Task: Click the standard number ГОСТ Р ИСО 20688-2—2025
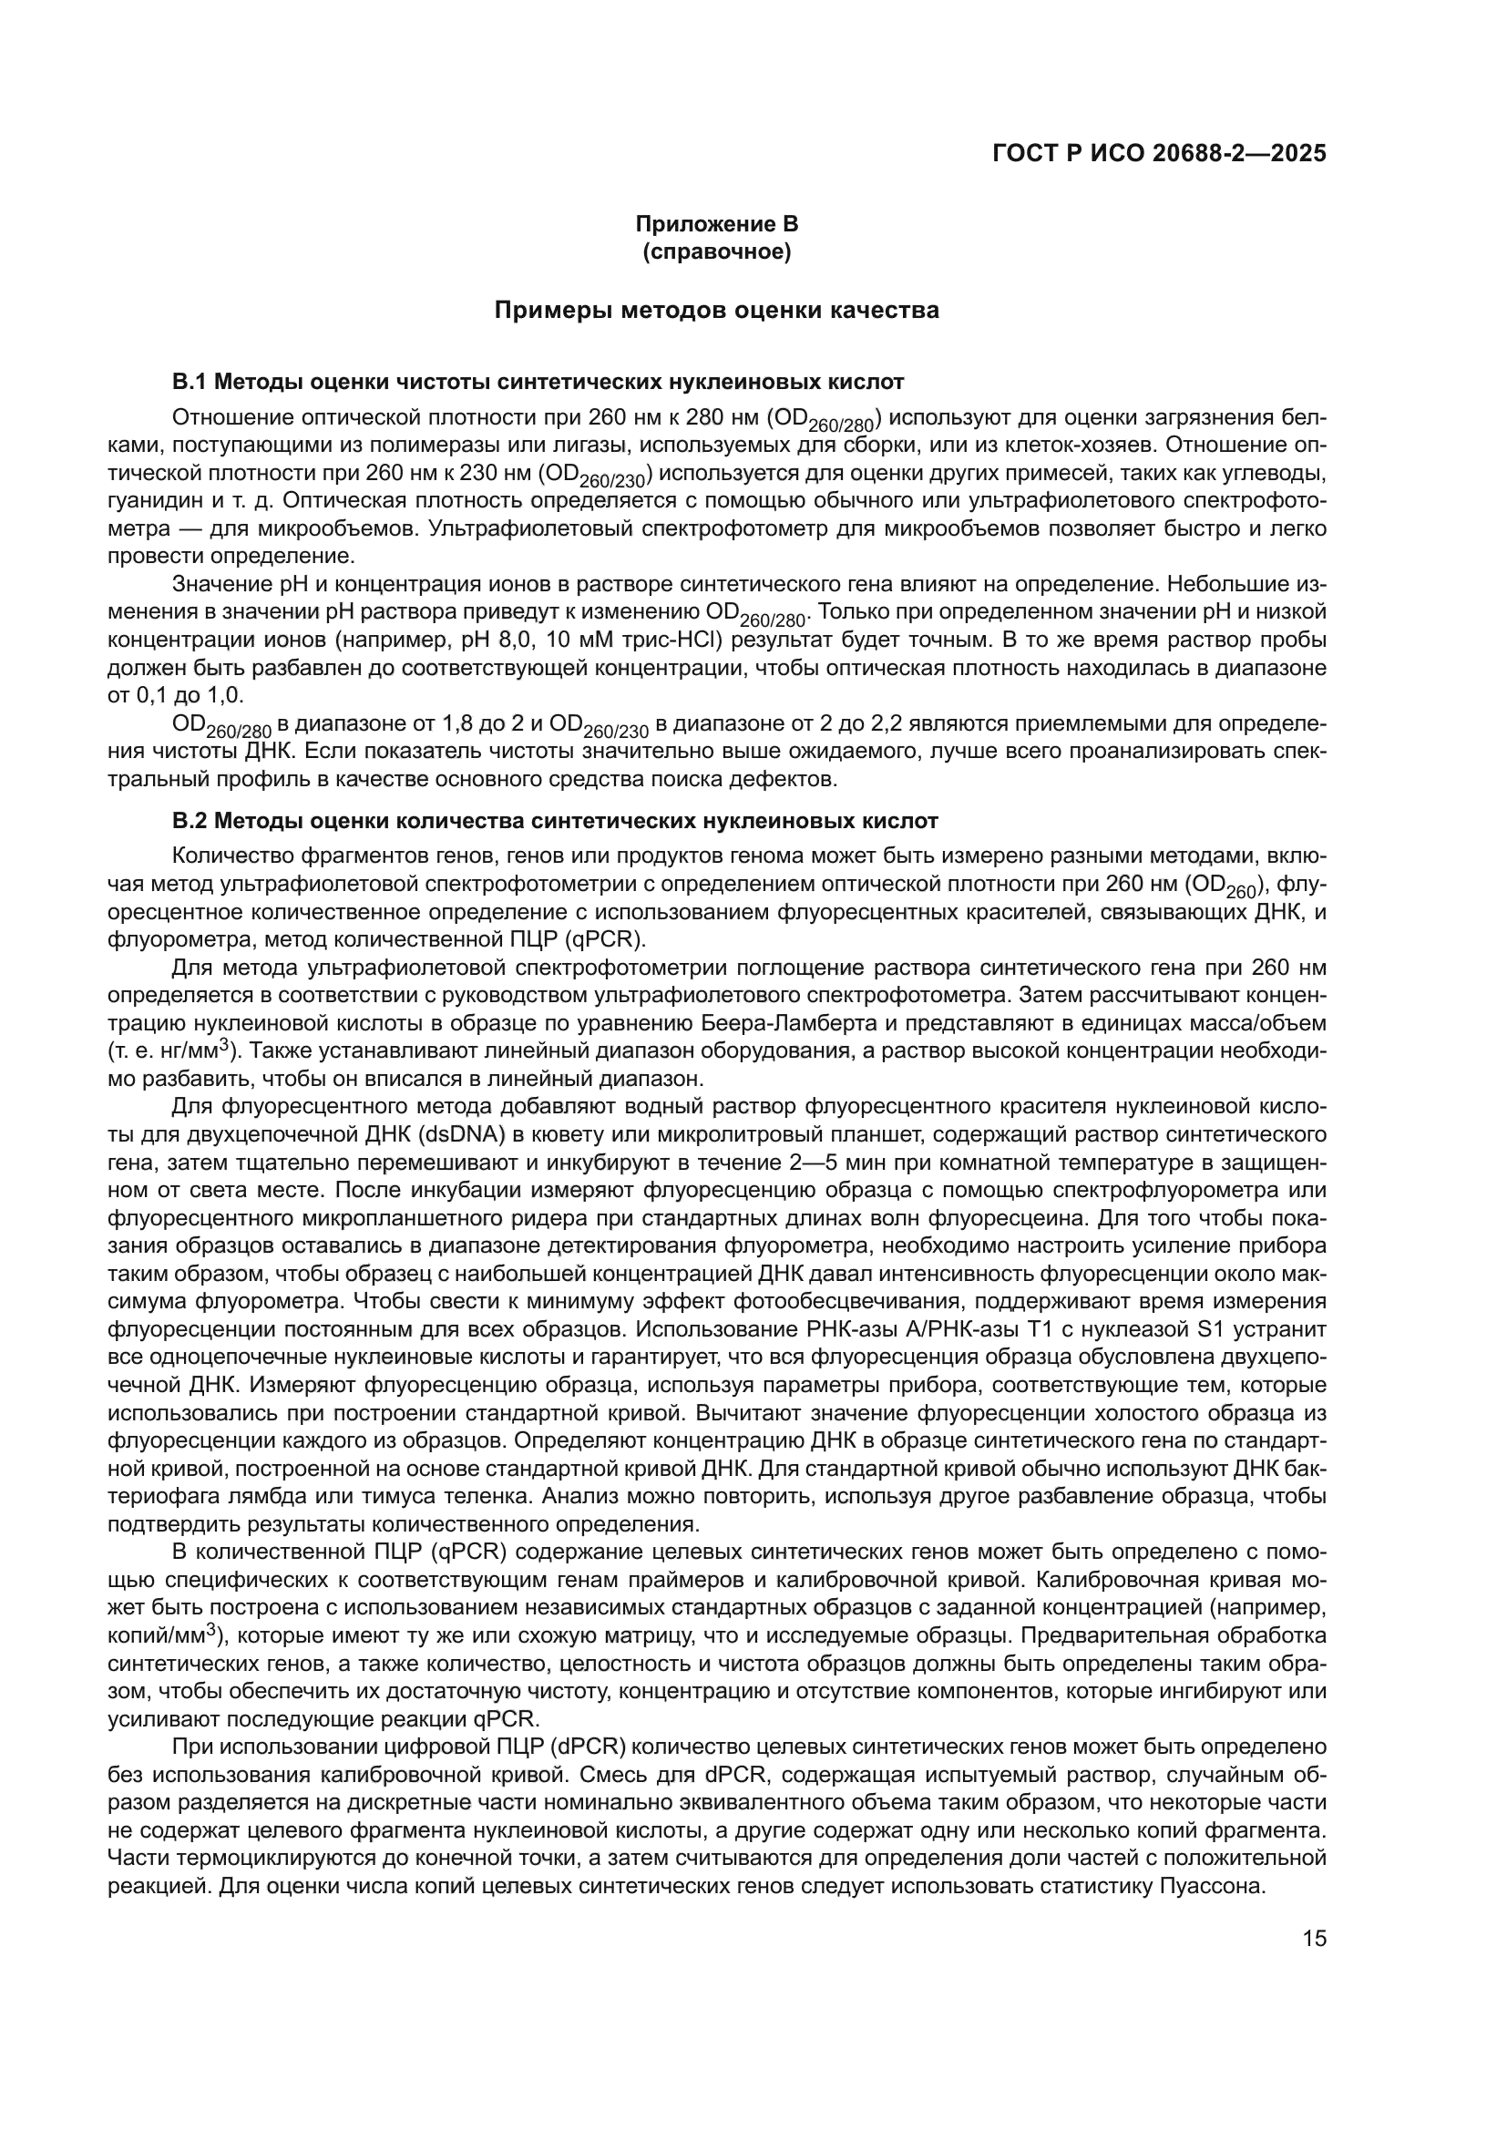click(x=1159, y=153)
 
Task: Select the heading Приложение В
click(x=716, y=224)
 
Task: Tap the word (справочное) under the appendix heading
click(x=716, y=251)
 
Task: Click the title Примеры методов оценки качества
click(x=716, y=310)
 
